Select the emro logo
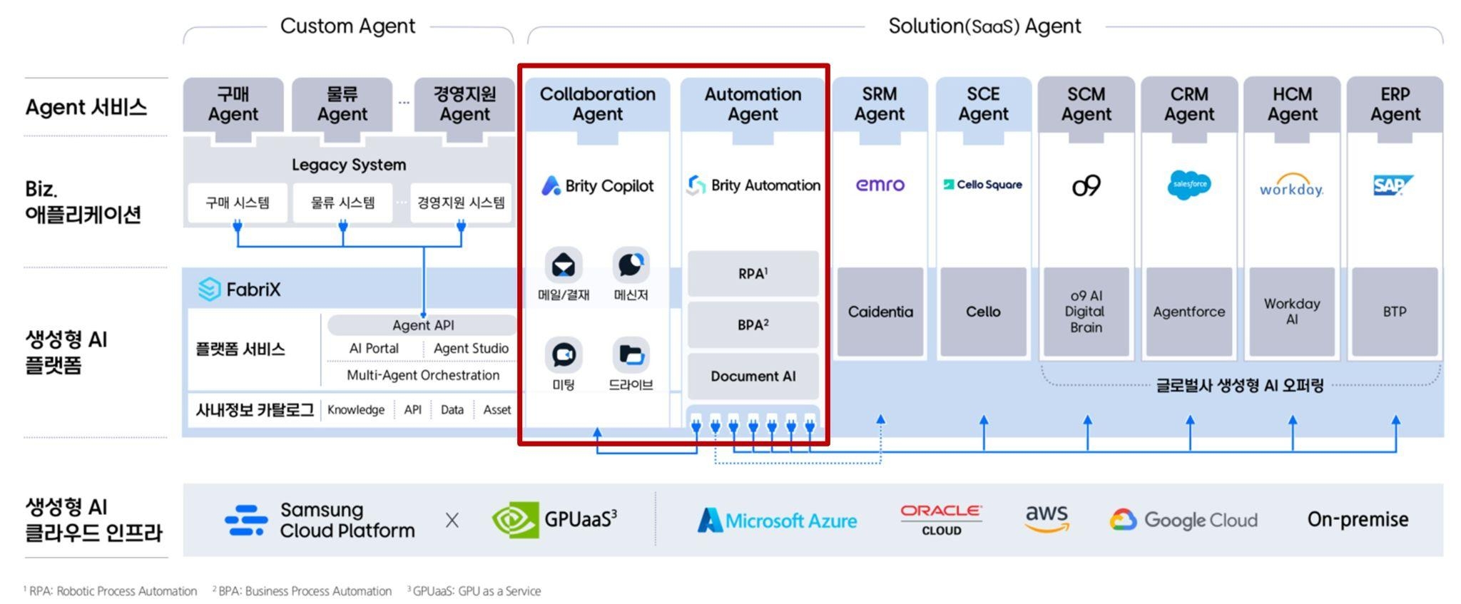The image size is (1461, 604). (x=880, y=185)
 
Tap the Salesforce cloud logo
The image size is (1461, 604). (x=1188, y=185)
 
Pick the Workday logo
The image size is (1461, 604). (x=1291, y=186)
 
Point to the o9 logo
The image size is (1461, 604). (x=1086, y=185)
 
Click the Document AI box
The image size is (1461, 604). (x=753, y=377)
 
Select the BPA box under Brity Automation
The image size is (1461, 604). (x=753, y=324)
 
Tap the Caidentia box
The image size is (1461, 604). (x=880, y=312)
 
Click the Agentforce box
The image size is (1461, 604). (x=1188, y=312)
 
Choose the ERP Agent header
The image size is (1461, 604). (x=1395, y=105)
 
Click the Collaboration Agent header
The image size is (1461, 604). (x=597, y=105)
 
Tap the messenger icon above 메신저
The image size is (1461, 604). (x=631, y=265)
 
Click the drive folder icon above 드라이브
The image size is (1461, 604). (x=631, y=354)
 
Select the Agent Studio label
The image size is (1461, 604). (x=471, y=349)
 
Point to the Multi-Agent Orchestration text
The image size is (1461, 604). (x=422, y=375)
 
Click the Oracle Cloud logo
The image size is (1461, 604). (x=941, y=519)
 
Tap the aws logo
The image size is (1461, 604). (x=1047, y=518)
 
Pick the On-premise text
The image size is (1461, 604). (x=1357, y=519)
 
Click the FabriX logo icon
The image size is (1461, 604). (x=209, y=289)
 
